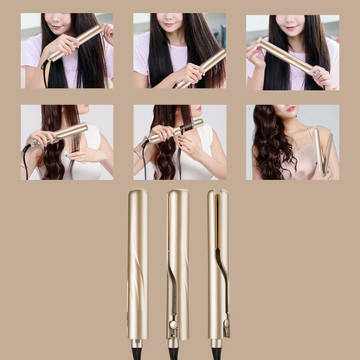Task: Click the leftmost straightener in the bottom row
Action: pos(137,260)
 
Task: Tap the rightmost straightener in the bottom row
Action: pos(218,260)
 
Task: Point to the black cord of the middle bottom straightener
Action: pos(174,352)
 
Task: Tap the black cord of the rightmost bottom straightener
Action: pos(215,352)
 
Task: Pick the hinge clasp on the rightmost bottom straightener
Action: pos(226,328)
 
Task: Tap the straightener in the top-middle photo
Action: pos(201,67)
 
